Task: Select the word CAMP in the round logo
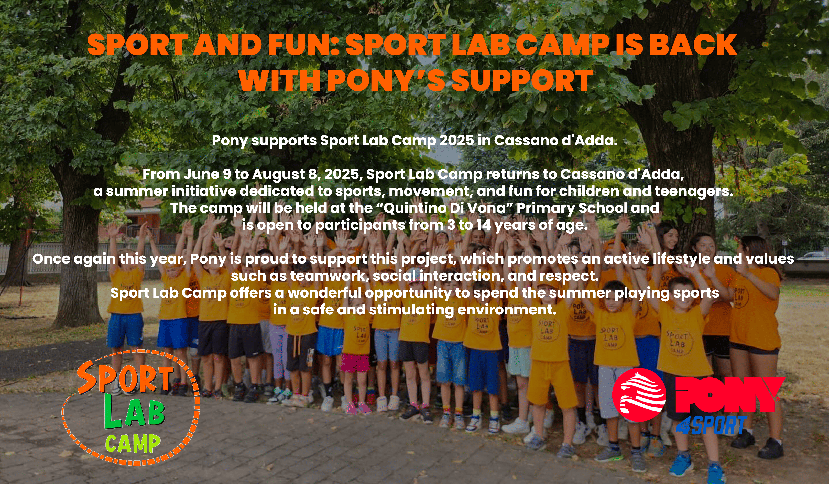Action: (x=133, y=444)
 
